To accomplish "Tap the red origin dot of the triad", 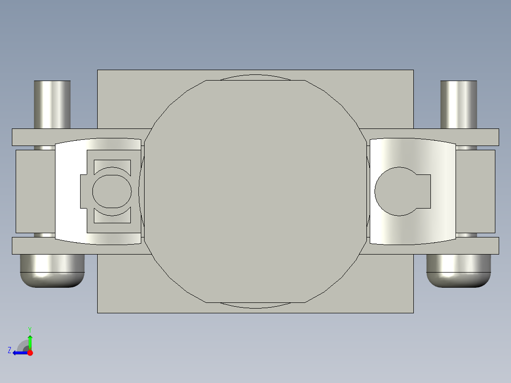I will (x=30, y=353).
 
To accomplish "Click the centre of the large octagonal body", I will (x=255, y=191).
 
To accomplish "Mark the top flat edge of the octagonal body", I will (x=255, y=81).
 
